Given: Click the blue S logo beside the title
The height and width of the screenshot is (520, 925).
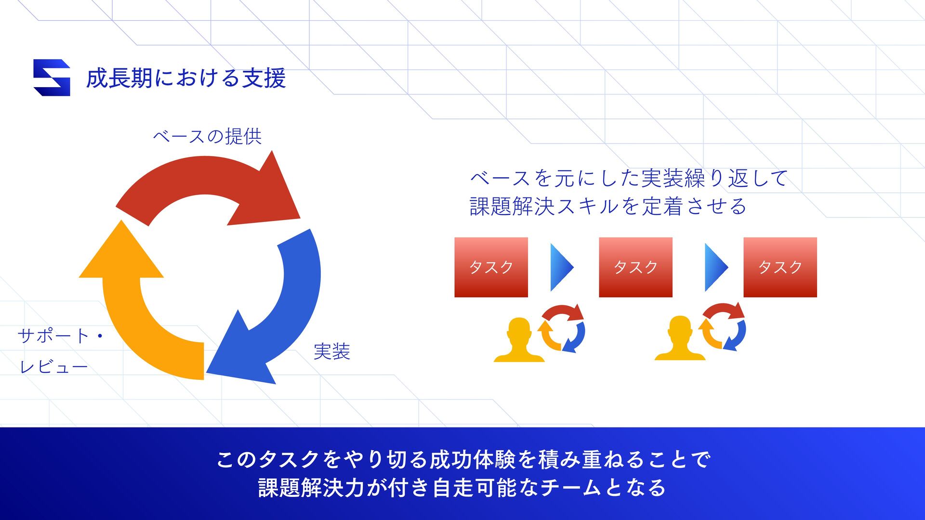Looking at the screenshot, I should click(52, 78).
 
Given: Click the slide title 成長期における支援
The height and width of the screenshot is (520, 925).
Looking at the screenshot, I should click(186, 78).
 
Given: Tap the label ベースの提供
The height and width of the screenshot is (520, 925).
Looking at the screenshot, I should click(207, 137).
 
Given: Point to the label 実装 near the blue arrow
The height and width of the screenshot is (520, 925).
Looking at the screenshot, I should click(331, 351).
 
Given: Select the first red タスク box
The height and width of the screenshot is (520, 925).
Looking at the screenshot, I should click(491, 267).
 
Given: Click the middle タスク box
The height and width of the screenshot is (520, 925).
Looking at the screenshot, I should click(635, 267).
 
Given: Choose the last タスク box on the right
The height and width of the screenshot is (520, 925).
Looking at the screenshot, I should click(780, 267).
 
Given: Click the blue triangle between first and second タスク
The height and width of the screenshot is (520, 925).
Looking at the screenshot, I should click(561, 267).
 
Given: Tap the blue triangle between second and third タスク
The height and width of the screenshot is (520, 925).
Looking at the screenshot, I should click(716, 267).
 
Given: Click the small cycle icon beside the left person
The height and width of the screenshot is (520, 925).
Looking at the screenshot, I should click(562, 328).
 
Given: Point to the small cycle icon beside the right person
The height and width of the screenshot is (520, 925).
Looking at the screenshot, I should click(723, 326).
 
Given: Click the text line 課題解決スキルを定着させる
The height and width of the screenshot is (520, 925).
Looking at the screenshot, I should click(608, 207).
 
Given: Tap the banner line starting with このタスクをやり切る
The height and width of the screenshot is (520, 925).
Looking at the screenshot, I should click(462, 459).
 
